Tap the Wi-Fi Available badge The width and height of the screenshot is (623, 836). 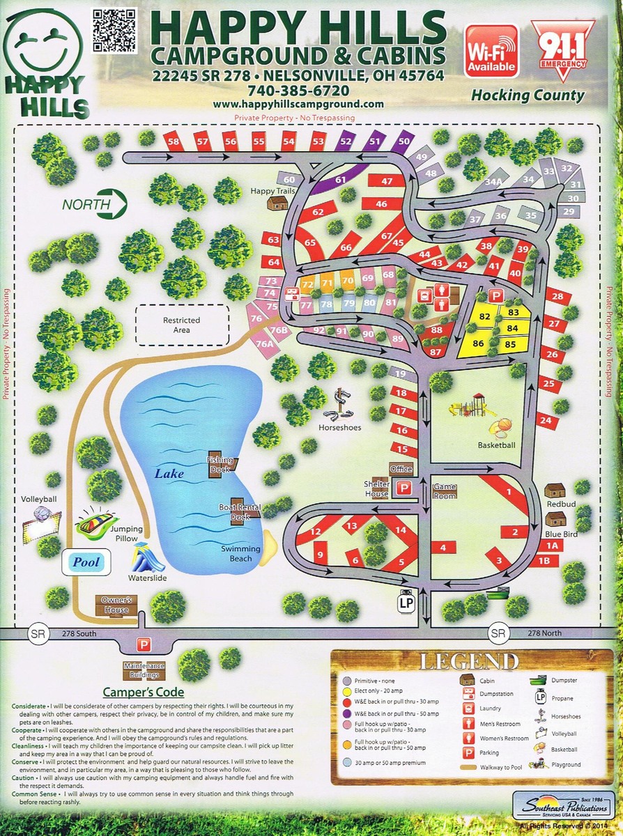pos(491,51)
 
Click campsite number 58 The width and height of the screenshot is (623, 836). pos(174,142)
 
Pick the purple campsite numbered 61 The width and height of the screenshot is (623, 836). pos(340,180)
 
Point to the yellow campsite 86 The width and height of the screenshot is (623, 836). pos(478,343)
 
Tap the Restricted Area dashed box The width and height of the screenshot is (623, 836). pos(181,325)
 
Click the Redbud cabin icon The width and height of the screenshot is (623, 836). pos(555,490)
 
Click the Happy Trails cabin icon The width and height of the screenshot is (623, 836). pos(278,203)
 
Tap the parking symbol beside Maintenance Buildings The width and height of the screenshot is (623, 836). pos(144,644)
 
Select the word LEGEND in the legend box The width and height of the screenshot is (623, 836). pos(468,660)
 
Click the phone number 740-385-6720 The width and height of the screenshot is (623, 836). pos(298,91)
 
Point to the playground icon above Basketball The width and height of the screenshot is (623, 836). pos(468,405)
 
